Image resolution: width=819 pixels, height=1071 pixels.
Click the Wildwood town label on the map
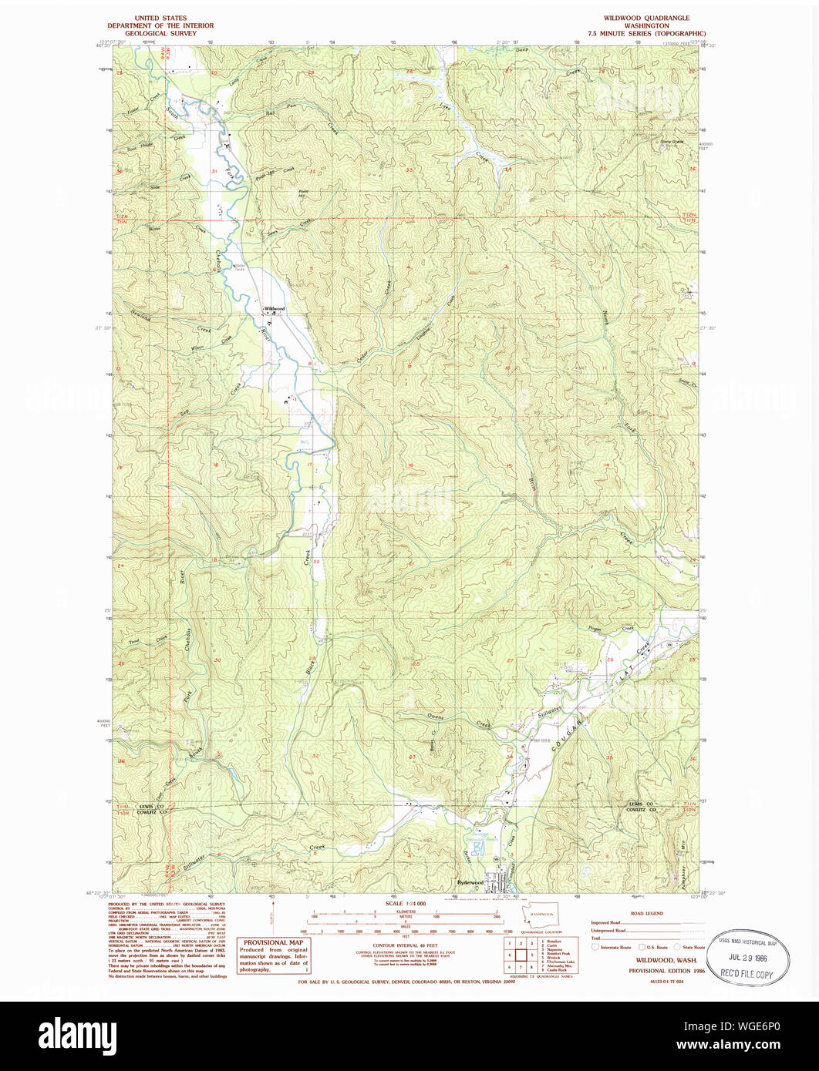[274, 308]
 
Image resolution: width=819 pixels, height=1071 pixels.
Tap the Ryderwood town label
[470, 882]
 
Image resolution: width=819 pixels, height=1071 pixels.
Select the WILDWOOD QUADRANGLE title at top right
[646, 18]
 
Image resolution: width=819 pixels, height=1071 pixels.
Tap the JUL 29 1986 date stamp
[742, 961]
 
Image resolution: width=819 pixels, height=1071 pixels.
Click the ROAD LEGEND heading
[647, 913]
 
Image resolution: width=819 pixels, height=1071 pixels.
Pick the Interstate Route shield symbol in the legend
[595, 947]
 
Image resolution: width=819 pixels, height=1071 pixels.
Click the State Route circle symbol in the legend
[678, 947]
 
